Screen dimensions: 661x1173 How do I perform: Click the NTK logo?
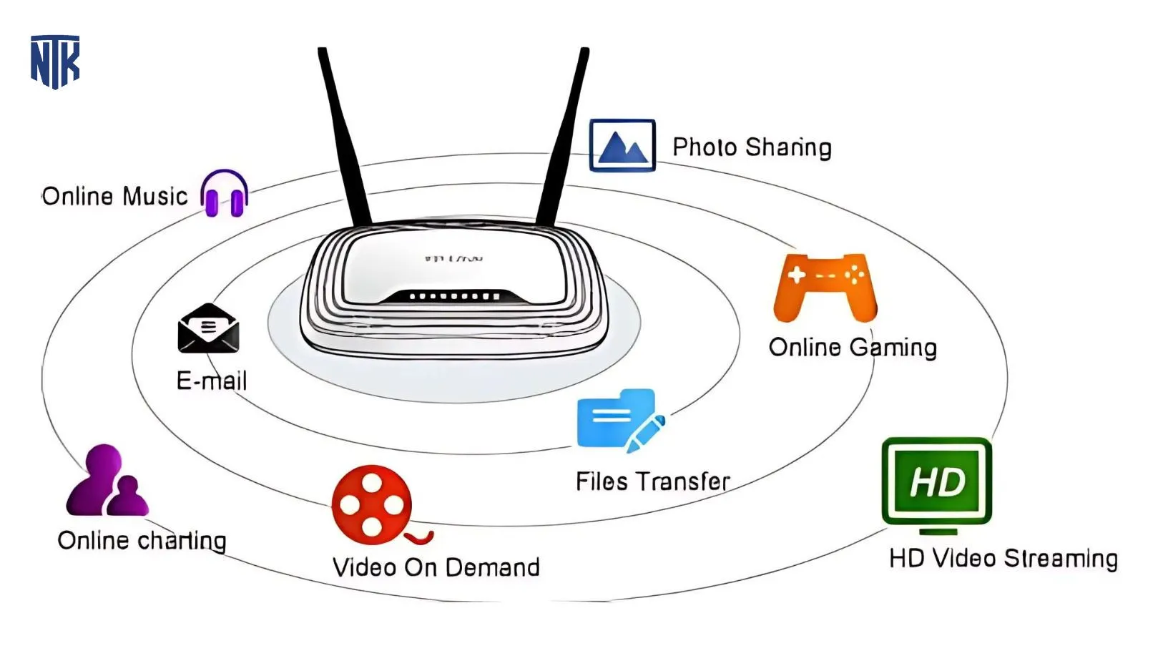point(55,62)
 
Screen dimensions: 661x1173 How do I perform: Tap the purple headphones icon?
point(225,193)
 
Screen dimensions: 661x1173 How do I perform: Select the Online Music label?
point(114,196)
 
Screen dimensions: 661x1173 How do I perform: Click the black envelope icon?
point(208,328)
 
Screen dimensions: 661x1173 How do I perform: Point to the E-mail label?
point(212,381)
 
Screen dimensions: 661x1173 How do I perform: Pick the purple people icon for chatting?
point(107,481)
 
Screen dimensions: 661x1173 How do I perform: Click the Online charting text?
point(142,540)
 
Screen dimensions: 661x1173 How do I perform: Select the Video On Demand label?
point(436,567)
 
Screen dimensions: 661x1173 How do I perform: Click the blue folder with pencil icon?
point(619,420)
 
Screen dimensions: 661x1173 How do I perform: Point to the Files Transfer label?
point(652,481)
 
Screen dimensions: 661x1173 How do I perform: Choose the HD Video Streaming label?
point(1003,558)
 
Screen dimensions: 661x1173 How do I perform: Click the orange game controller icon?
point(825,287)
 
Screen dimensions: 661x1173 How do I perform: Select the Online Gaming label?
point(853,348)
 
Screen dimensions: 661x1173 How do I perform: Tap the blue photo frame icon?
point(622,146)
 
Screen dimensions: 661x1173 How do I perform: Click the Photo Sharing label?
point(752,147)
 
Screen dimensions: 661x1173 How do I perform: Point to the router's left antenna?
point(345,136)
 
